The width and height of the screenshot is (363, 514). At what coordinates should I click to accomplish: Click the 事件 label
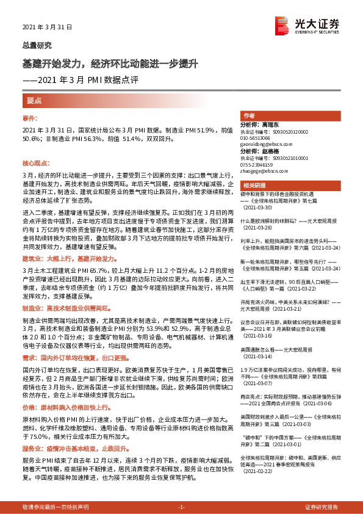click(x=31, y=118)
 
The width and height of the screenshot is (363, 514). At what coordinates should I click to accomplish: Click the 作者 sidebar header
click(x=248, y=115)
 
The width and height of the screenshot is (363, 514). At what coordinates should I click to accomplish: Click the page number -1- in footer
click(x=181, y=507)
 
